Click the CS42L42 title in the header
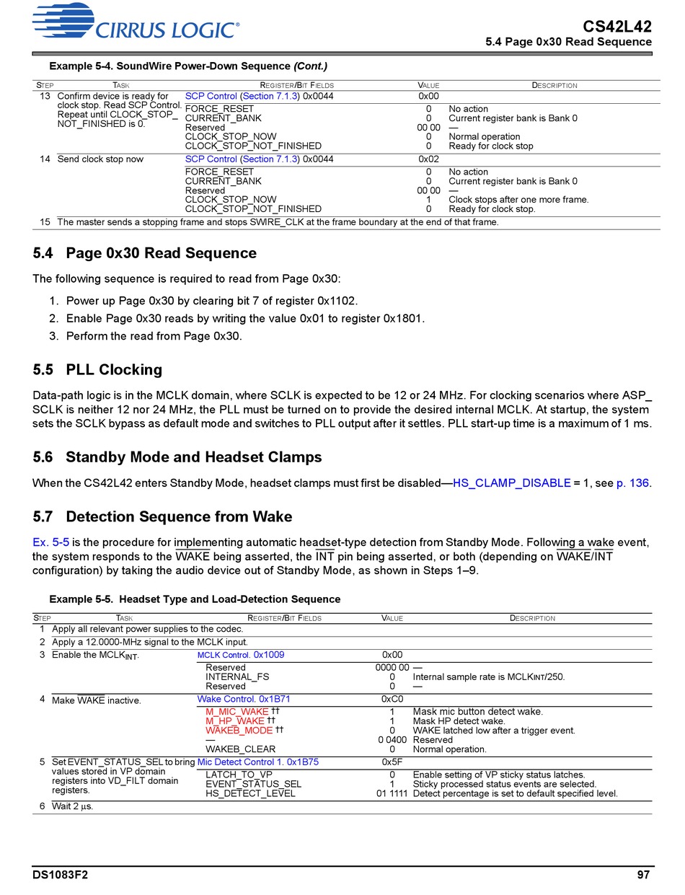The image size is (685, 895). click(x=617, y=27)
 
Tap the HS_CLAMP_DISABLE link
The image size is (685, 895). click(x=511, y=483)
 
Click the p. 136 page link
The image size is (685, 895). click(x=632, y=483)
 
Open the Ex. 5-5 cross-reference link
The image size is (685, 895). click(x=50, y=542)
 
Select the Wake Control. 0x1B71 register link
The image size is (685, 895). click(x=244, y=699)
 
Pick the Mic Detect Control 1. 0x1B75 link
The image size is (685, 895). click(x=257, y=762)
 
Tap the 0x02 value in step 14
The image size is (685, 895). click(x=428, y=159)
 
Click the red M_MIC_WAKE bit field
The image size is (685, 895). click(x=237, y=712)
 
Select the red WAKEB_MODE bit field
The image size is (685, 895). click(x=239, y=731)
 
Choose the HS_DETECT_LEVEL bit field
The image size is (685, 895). click(x=250, y=793)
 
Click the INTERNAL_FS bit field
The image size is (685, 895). click(x=237, y=677)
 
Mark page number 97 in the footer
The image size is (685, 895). click(x=643, y=875)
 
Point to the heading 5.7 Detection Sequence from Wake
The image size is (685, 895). click(x=162, y=517)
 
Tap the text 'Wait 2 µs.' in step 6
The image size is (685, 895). click(x=72, y=807)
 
